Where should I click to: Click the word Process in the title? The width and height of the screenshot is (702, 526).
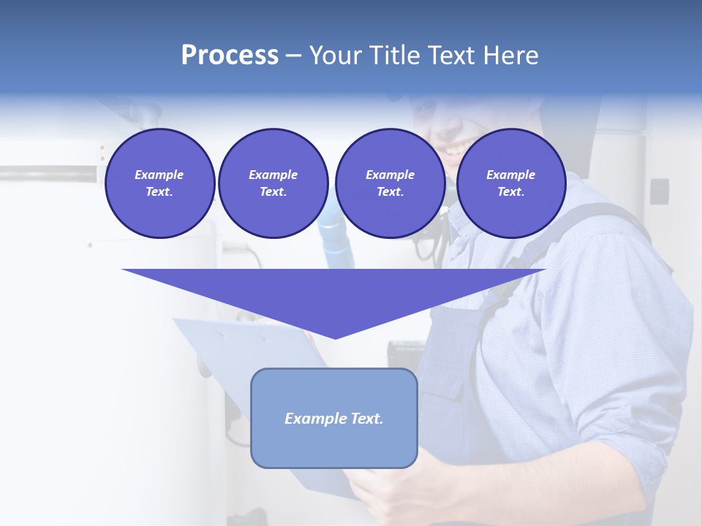[x=230, y=56]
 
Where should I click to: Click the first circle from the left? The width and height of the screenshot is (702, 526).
[x=159, y=183]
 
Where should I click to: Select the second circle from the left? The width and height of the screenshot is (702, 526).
[x=273, y=183]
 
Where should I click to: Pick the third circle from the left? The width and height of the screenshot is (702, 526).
[x=390, y=183]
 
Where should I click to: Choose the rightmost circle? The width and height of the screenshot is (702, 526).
[x=510, y=183]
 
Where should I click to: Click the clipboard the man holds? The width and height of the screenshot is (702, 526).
[x=219, y=351]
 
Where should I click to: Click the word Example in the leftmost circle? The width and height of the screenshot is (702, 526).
[x=159, y=175]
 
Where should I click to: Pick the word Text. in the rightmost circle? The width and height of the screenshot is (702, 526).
[x=510, y=192]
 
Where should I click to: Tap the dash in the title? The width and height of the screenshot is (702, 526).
[x=293, y=56]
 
